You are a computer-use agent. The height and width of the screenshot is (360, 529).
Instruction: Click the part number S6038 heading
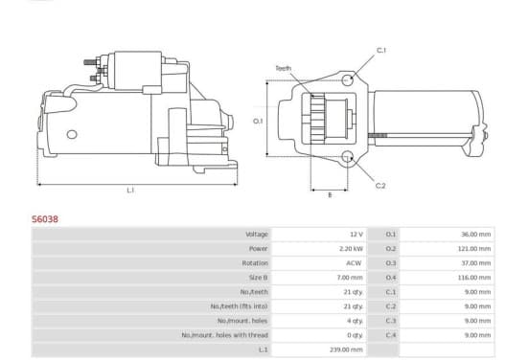tap(45, 219)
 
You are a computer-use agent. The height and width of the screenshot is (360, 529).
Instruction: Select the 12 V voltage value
tap(356, 235)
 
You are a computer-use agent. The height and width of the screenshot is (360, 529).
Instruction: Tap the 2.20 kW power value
tap(351, 249)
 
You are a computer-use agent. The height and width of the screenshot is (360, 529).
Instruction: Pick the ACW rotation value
tap(354, 263)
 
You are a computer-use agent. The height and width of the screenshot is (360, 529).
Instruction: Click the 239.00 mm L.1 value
tap(346, 349)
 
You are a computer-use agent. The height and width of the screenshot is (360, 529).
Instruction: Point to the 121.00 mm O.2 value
tap(475, 249)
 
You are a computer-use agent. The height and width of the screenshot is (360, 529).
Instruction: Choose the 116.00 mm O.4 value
tap(475, 278)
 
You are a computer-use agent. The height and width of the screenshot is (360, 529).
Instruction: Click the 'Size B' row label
tap(259, 278)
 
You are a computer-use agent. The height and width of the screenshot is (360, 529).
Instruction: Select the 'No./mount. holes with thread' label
tap(224, 335)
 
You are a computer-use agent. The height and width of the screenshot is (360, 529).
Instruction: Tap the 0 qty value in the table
tap(355, 335)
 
